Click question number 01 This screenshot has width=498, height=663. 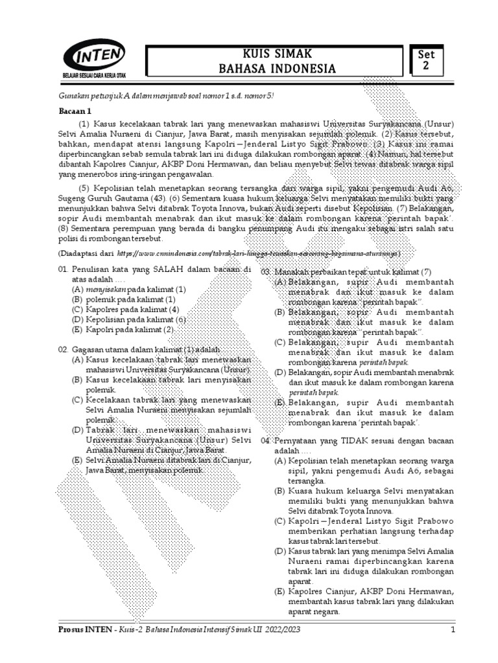coord(63,269)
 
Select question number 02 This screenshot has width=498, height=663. coord(63,349)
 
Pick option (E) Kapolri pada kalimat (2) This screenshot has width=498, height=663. coord(124,330)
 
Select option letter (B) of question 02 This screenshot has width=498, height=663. coord(77,379)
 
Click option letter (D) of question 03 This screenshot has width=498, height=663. coord(280,372)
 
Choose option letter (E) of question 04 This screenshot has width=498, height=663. coord(280,593)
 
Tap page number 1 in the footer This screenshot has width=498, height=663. coord(453,629)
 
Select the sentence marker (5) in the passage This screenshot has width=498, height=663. coord(84,188)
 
